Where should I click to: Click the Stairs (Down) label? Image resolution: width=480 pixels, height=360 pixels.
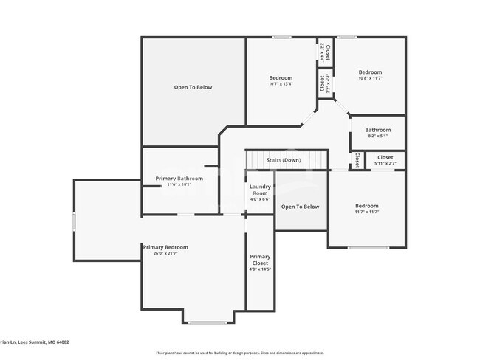pyautogui.click(x=284, y=159)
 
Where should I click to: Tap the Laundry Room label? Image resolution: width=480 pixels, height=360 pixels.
pyautogui.click(x=261, y=190)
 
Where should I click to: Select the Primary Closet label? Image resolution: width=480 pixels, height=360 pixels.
pyautogui.click(x=260, y=260)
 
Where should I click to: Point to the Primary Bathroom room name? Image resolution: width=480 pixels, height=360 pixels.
pyautogui.click(x=179, y=178)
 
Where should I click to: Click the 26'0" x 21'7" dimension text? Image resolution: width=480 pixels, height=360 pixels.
pyautogui.click(x=165, y=253)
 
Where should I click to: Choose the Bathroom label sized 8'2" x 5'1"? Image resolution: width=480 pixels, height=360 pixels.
pyautogui.click(x=377, y=130)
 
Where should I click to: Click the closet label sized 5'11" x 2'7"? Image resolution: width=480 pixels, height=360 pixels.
pyautogui.click(x=385, y=157)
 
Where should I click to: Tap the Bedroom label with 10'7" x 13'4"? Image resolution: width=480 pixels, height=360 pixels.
pyautogui.click(x=281, y=77)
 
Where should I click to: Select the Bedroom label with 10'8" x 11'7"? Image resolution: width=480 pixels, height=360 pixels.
pyautogui.click(x=370, y=72)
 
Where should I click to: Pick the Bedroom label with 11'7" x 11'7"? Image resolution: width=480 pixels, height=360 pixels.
pyautogui.click(x=366, y=206)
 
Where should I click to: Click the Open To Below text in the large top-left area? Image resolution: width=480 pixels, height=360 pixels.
pyautogui.click(x=193, y=87)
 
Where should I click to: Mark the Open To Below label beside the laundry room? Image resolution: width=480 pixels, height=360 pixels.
pyautogui.click(x=301, y=207)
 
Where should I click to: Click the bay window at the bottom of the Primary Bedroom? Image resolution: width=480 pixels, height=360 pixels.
pyautogui.click(x=208, y=322)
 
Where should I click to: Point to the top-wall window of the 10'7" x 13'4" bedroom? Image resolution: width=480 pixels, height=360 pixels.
pyautogui.click(x=281, y=37)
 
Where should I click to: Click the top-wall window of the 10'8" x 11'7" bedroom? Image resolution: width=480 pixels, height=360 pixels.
pyautogui.click(x=347, y=37)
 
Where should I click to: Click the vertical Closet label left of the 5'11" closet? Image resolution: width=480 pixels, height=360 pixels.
pyautogui.click(x=357, y=159)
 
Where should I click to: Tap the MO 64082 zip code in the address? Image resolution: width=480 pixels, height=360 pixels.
pyautogui.click(x=58, y=342)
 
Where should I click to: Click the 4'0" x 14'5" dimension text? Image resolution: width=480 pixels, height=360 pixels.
pyautogui.click(x=260, y=269)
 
